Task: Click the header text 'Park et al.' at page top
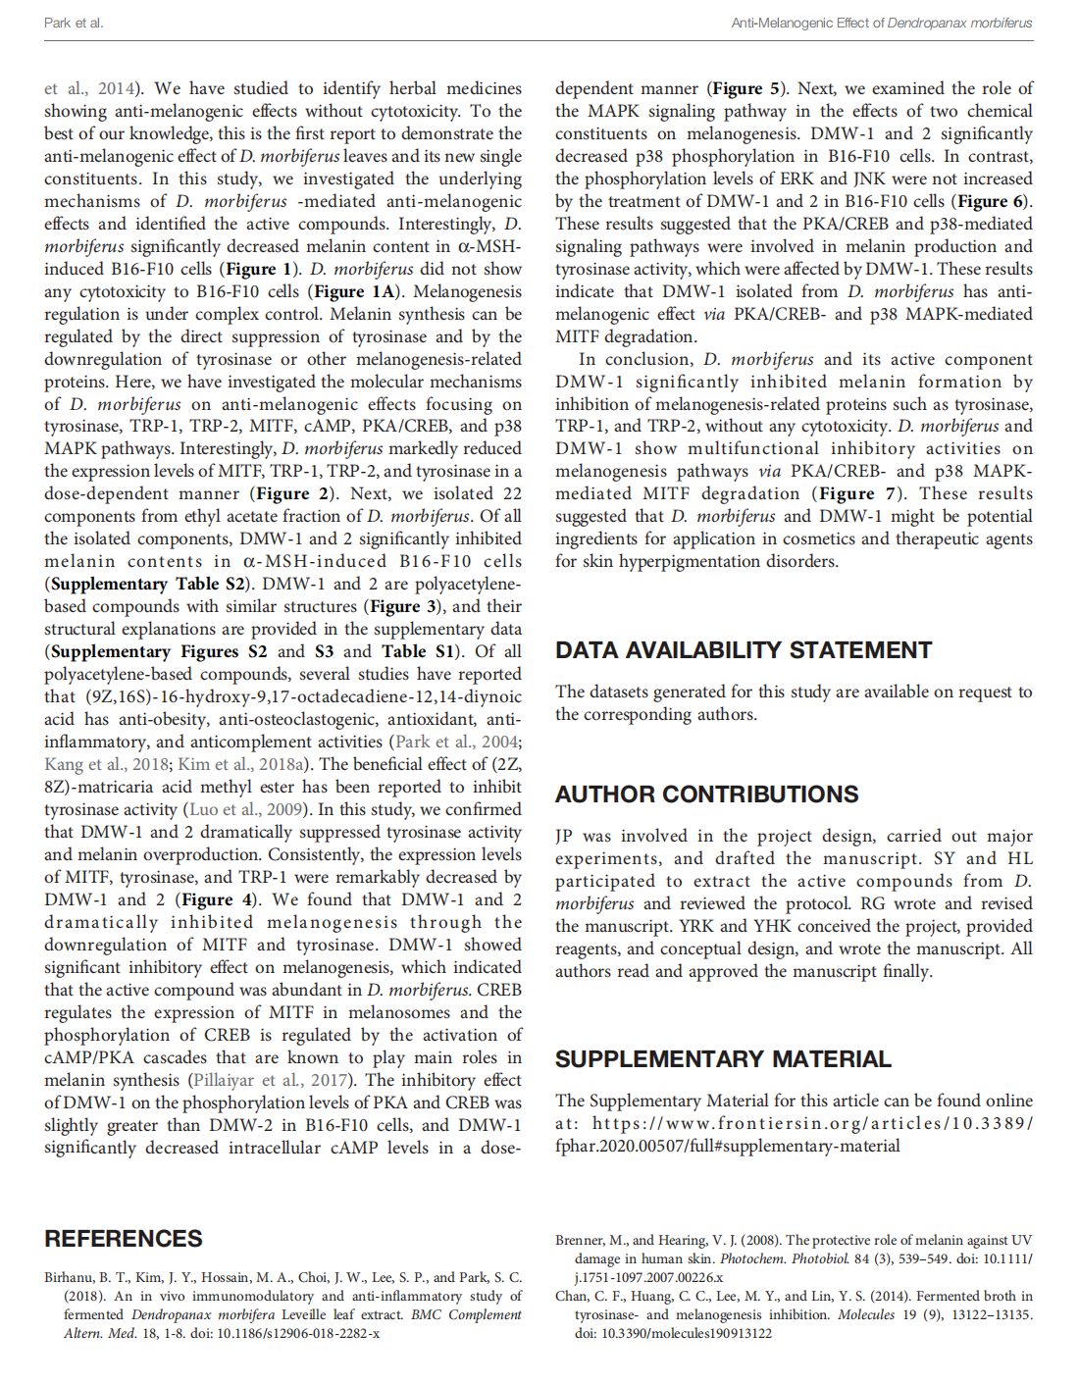coord(74,23)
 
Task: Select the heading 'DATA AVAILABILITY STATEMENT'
coord(743,650)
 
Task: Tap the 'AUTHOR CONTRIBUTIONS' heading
coord(706,795)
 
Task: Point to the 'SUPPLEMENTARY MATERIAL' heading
coord(723,1059)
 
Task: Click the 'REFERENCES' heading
coord(124,1239)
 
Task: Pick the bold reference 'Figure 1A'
coord(353,291)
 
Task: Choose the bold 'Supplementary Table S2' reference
coord(146,584)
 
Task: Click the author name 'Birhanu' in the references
coord(70,1277)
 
